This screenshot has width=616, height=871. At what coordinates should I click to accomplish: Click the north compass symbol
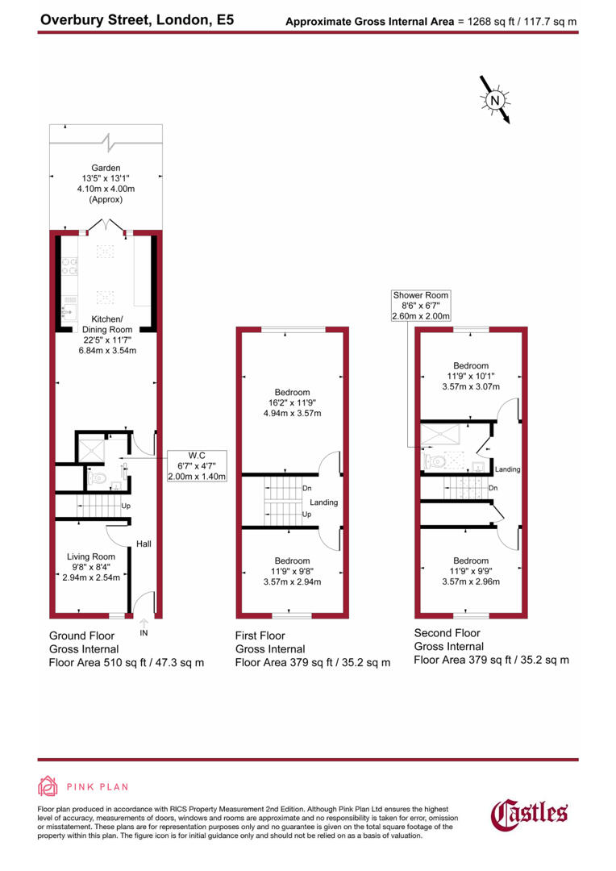pyautogui.click(x=496, y=100)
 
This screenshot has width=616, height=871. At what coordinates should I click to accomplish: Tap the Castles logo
pyautogui.click(x=530, y=813)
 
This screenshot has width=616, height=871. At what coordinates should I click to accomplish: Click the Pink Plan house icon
pyautogui.click(x=48, y=787)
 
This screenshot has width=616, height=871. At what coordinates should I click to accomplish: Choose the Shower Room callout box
pyautogui.click(x=421, y=306)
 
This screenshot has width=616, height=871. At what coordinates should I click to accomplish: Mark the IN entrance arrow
pyautogui.click(x=144, y=625)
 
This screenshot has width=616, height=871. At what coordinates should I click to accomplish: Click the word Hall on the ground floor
pyautogui.click(x=144, y=544)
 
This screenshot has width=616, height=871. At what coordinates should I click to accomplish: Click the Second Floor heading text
pyautogui.click(x=447, y=633)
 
